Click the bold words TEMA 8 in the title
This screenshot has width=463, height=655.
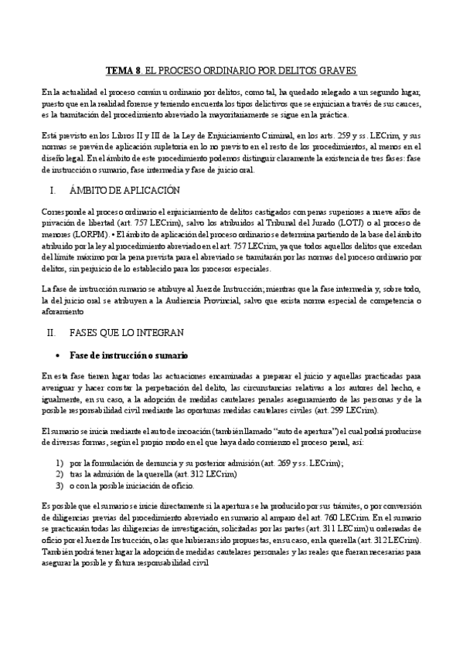point(121,70)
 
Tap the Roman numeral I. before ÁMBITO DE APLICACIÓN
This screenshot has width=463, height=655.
point(52,189)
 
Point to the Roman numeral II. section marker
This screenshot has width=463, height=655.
point(52,331)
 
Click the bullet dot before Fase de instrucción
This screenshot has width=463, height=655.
point(60,355)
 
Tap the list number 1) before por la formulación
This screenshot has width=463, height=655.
point(59,462)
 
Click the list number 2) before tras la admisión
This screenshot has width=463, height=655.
point(59,473)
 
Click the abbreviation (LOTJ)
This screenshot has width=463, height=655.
point(360,222)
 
